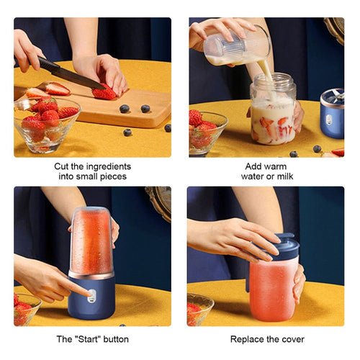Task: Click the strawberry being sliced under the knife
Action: tap(105, 92)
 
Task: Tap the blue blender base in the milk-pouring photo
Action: tap(332, 115)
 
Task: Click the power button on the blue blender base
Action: tap(91, 294)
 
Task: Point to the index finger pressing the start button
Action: tap(72, 287)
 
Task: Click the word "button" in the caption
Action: tap(116, 338)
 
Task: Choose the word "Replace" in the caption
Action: tap(248, 338)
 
